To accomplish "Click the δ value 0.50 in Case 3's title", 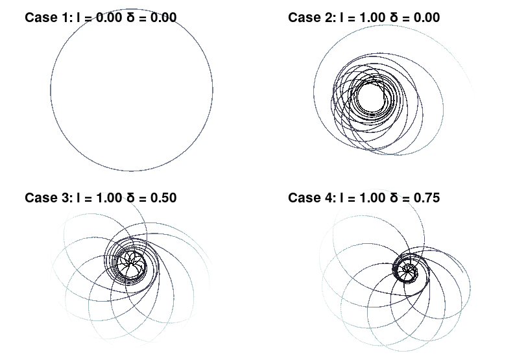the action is tap(161, 197).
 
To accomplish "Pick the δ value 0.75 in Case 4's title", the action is tap(425, 197).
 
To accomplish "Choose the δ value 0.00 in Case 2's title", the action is tap(425, 18).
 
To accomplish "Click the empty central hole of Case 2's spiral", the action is tap(369, 98).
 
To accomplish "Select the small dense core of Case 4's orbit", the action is tap(409, 269).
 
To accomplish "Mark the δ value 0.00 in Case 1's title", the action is tap(161, 18).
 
